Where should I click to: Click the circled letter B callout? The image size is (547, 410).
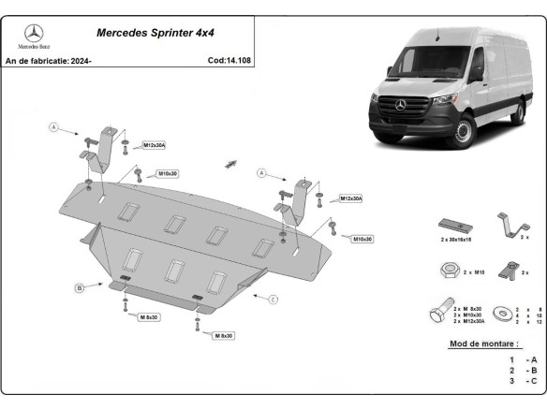(x=81, y=287)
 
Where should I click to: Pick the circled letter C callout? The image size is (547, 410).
(x=273, y=299)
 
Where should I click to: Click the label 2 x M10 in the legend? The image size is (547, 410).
(x=474, y=272)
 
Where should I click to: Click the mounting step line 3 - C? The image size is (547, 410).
(x=523, y=382)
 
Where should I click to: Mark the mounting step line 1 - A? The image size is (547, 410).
(x=523, y=359)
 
